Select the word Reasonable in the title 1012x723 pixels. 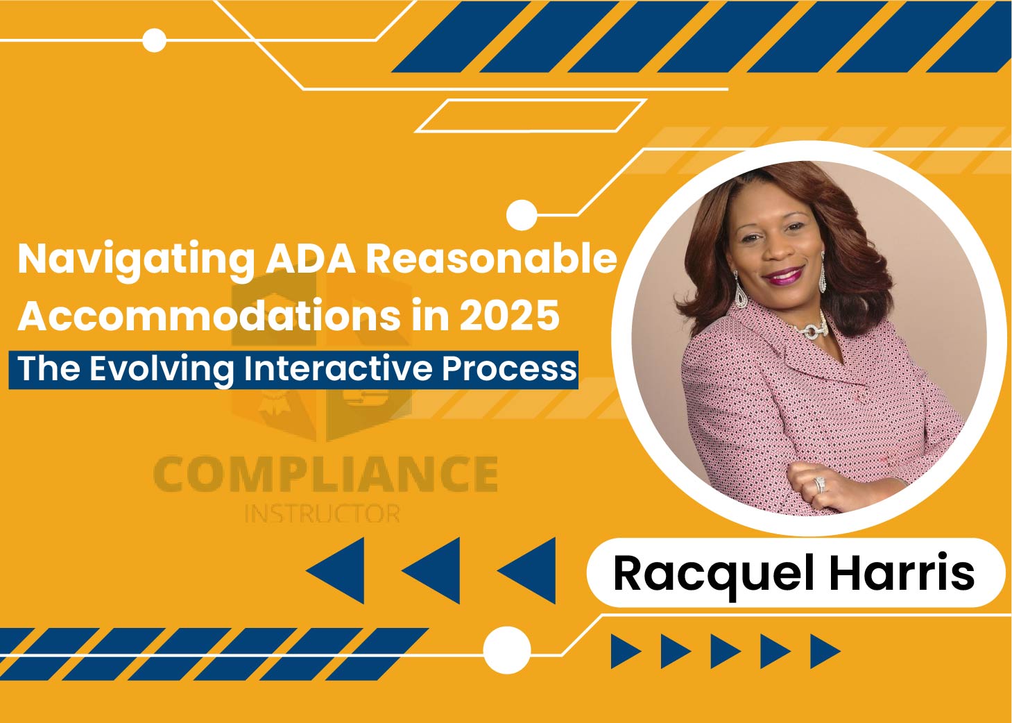pos(491,259)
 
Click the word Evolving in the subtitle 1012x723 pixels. pos(162,370)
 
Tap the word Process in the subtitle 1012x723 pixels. pos(509,369)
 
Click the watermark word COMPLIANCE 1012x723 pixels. pos(326,474)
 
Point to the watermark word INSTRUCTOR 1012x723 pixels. pos(323,513)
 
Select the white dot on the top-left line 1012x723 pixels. pos(155,40)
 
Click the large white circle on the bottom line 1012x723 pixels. pos(507,650)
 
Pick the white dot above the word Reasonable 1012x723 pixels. pos(522,215)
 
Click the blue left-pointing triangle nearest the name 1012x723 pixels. pos(526,571)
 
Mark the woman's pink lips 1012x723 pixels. pos(783,274)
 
